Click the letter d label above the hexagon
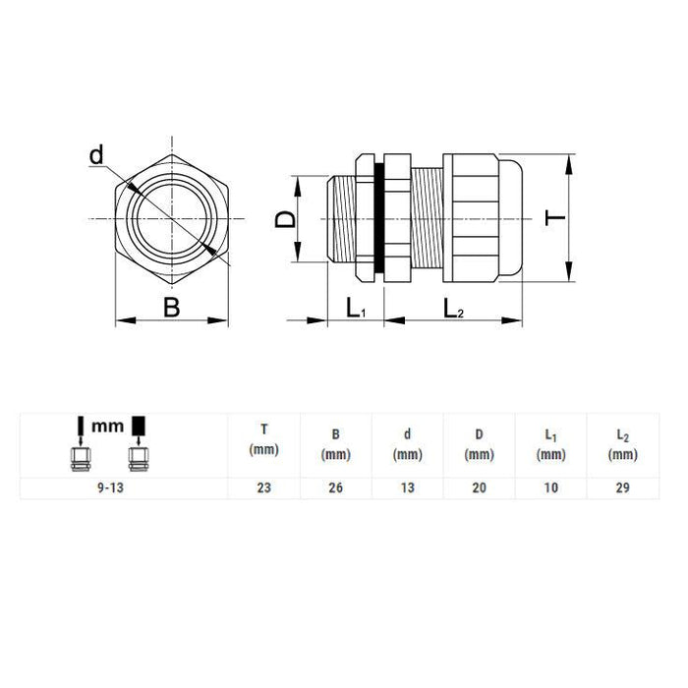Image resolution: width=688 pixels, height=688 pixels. [x=96, y=155]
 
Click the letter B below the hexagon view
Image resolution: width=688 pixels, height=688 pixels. [x=172, y=307]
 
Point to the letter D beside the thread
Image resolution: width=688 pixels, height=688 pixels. [x=285, y=219]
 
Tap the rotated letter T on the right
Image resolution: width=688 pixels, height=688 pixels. [x=554, y=218]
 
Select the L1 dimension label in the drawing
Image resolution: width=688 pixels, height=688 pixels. [x=356, y=308]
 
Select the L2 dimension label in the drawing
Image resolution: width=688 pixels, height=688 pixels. [x=453, y=308]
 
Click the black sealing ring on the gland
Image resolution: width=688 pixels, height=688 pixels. [x=379, y=218]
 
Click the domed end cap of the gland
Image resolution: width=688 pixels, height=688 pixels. [x=511, y=218]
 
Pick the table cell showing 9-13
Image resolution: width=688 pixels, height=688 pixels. [x=110, y=487]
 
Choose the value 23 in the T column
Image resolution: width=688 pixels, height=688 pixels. [x=264, y=487]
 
